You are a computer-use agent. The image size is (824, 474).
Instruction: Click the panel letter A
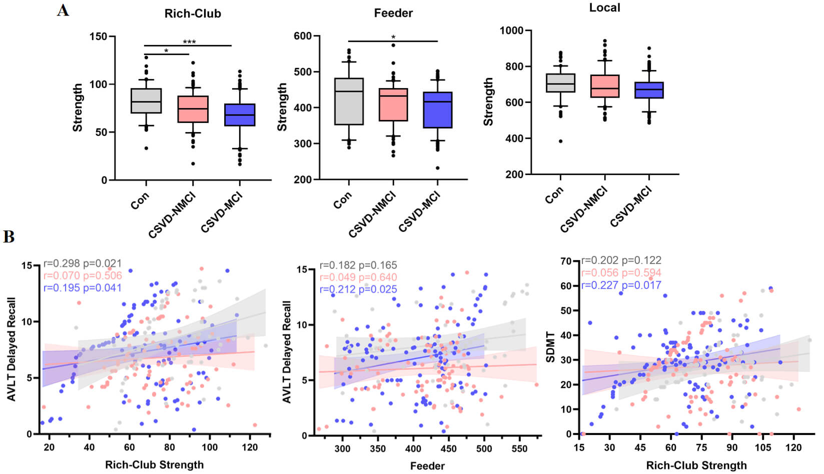point(63,10)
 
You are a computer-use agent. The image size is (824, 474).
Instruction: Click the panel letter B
point(9,236)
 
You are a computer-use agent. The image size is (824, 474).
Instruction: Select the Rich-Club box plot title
point(193,13)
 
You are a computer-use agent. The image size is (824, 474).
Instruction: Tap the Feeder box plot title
point(393,13)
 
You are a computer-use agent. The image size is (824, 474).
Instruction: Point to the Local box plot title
point(604,7)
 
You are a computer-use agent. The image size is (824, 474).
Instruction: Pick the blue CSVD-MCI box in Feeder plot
point(438,110)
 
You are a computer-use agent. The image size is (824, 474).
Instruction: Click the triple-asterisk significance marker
point(189,42)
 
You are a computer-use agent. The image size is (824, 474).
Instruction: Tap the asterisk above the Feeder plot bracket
point(393,37)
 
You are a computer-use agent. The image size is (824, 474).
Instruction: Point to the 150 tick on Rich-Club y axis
point(98,36)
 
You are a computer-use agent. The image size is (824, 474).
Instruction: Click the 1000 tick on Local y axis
point(511,30)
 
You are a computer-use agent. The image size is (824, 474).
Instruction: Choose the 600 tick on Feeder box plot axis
point(303,36)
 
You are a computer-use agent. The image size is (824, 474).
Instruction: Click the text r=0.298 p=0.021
point(83,263)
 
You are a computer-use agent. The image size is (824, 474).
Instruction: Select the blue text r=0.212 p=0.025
point(358,289)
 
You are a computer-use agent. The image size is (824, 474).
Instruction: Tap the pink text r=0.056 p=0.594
point(621,272)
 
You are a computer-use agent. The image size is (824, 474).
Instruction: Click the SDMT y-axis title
point(550,346)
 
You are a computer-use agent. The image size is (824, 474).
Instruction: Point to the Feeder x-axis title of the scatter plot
point(427,466)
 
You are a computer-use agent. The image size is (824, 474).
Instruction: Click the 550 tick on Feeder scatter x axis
point(519,448)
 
